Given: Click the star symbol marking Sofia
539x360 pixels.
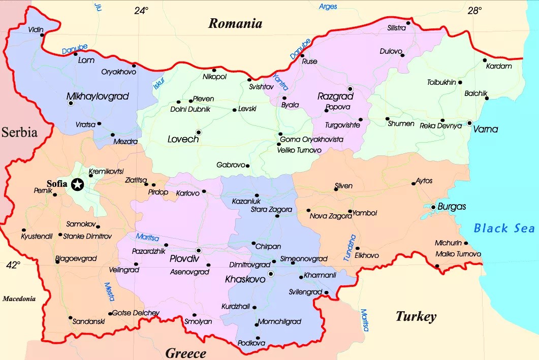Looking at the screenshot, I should [78, 184].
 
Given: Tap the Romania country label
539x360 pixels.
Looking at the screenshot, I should [235, 23].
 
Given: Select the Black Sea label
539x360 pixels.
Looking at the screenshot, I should [504, 228].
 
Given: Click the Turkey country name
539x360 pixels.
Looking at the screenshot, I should [416, 317].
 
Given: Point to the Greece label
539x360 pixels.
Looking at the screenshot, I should [185, 353].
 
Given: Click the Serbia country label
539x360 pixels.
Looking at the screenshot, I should [19, 133].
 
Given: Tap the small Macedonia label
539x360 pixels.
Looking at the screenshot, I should [19, 299].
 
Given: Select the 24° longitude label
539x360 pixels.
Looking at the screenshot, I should [142, 10].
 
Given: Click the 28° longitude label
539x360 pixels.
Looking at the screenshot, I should [474, 10].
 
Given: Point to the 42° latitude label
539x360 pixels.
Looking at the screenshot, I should [13, 265].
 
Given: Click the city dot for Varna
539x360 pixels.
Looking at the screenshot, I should [469, 123].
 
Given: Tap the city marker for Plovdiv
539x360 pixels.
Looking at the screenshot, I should [198, 250].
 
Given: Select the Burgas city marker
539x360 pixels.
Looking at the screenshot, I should [433, 207].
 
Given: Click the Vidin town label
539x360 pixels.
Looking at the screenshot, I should [36, 29].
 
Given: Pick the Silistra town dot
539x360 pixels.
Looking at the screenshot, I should [408, 22].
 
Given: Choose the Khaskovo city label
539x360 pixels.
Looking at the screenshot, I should [245, 279].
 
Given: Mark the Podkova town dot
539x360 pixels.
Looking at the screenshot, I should [258, 338].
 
